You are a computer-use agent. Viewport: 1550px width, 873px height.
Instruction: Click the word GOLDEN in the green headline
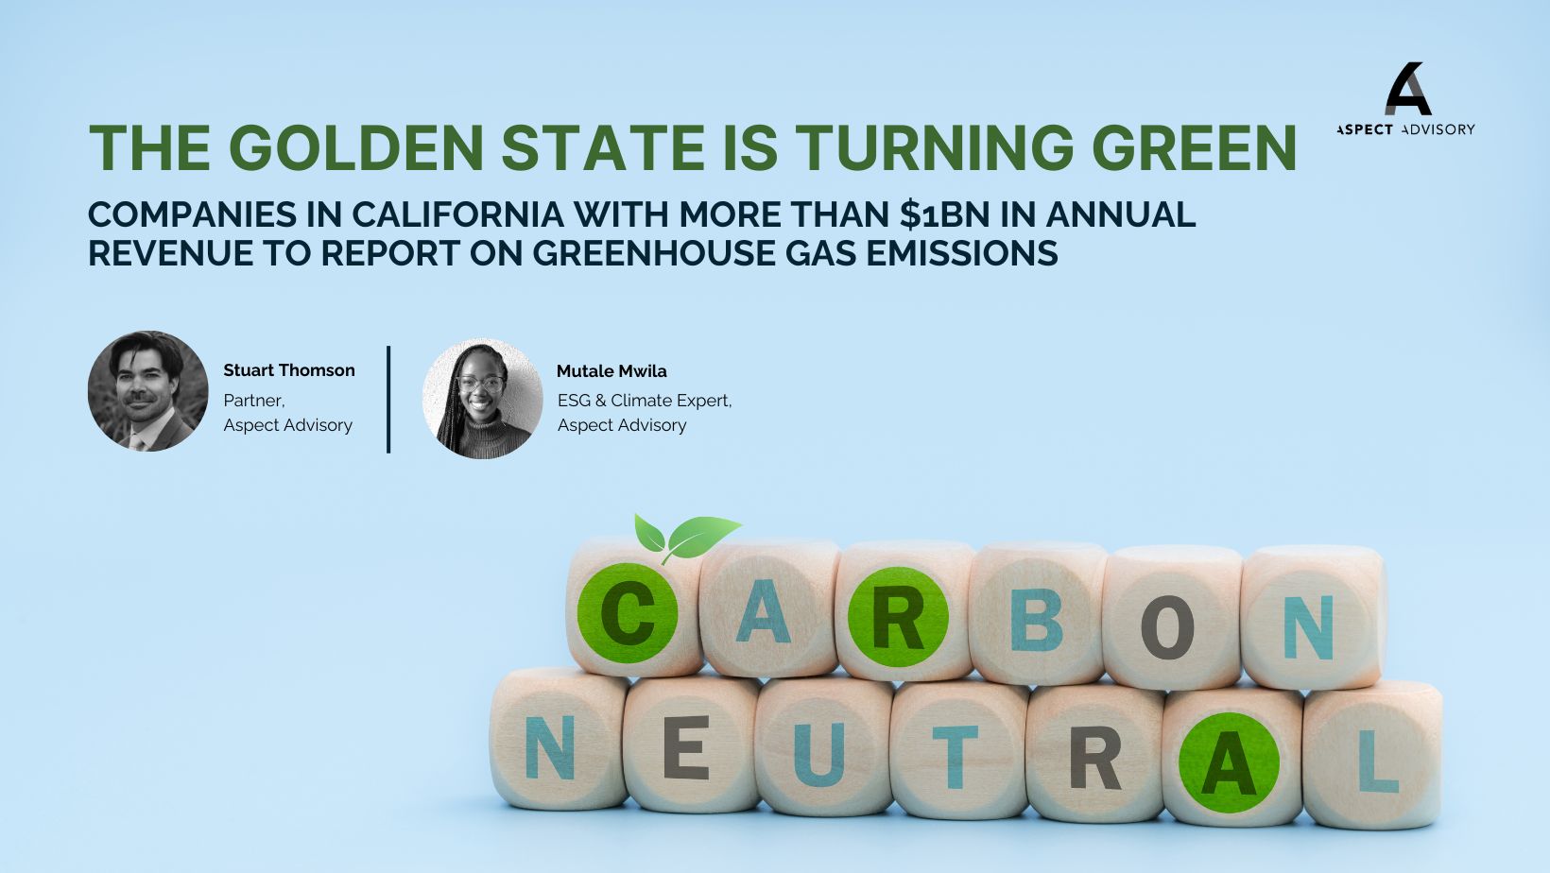point(355,147)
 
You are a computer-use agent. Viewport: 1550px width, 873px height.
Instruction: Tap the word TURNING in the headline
point(934,147)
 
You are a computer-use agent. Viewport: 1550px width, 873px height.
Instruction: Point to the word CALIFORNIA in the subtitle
point(458,214)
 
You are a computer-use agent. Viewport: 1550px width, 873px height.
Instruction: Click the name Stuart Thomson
point(288,370)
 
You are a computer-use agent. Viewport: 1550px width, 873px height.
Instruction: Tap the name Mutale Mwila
point(611,370)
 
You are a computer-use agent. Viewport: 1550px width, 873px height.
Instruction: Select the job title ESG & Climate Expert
point(645,401)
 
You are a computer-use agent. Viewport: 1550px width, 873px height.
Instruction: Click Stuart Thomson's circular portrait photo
point(148,391)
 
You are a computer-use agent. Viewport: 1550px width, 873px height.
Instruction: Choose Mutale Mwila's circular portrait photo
point(483,399)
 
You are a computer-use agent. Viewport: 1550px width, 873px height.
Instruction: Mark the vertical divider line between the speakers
point(388,399)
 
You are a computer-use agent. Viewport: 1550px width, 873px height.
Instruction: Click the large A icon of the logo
point(1407,89)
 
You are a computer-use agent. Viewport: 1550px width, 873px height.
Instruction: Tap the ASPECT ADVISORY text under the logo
point(1405,129)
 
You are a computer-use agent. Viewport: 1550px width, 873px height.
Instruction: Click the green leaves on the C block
point(687,538)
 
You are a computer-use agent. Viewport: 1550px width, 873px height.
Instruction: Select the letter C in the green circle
point(628,613)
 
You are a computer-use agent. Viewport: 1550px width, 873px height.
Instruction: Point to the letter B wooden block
point(1037,614)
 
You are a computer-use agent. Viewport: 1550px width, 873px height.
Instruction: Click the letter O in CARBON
point(1167,626)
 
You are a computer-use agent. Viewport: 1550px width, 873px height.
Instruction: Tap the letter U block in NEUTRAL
point(823,747)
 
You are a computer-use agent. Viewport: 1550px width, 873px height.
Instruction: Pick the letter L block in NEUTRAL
point(1373,756)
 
